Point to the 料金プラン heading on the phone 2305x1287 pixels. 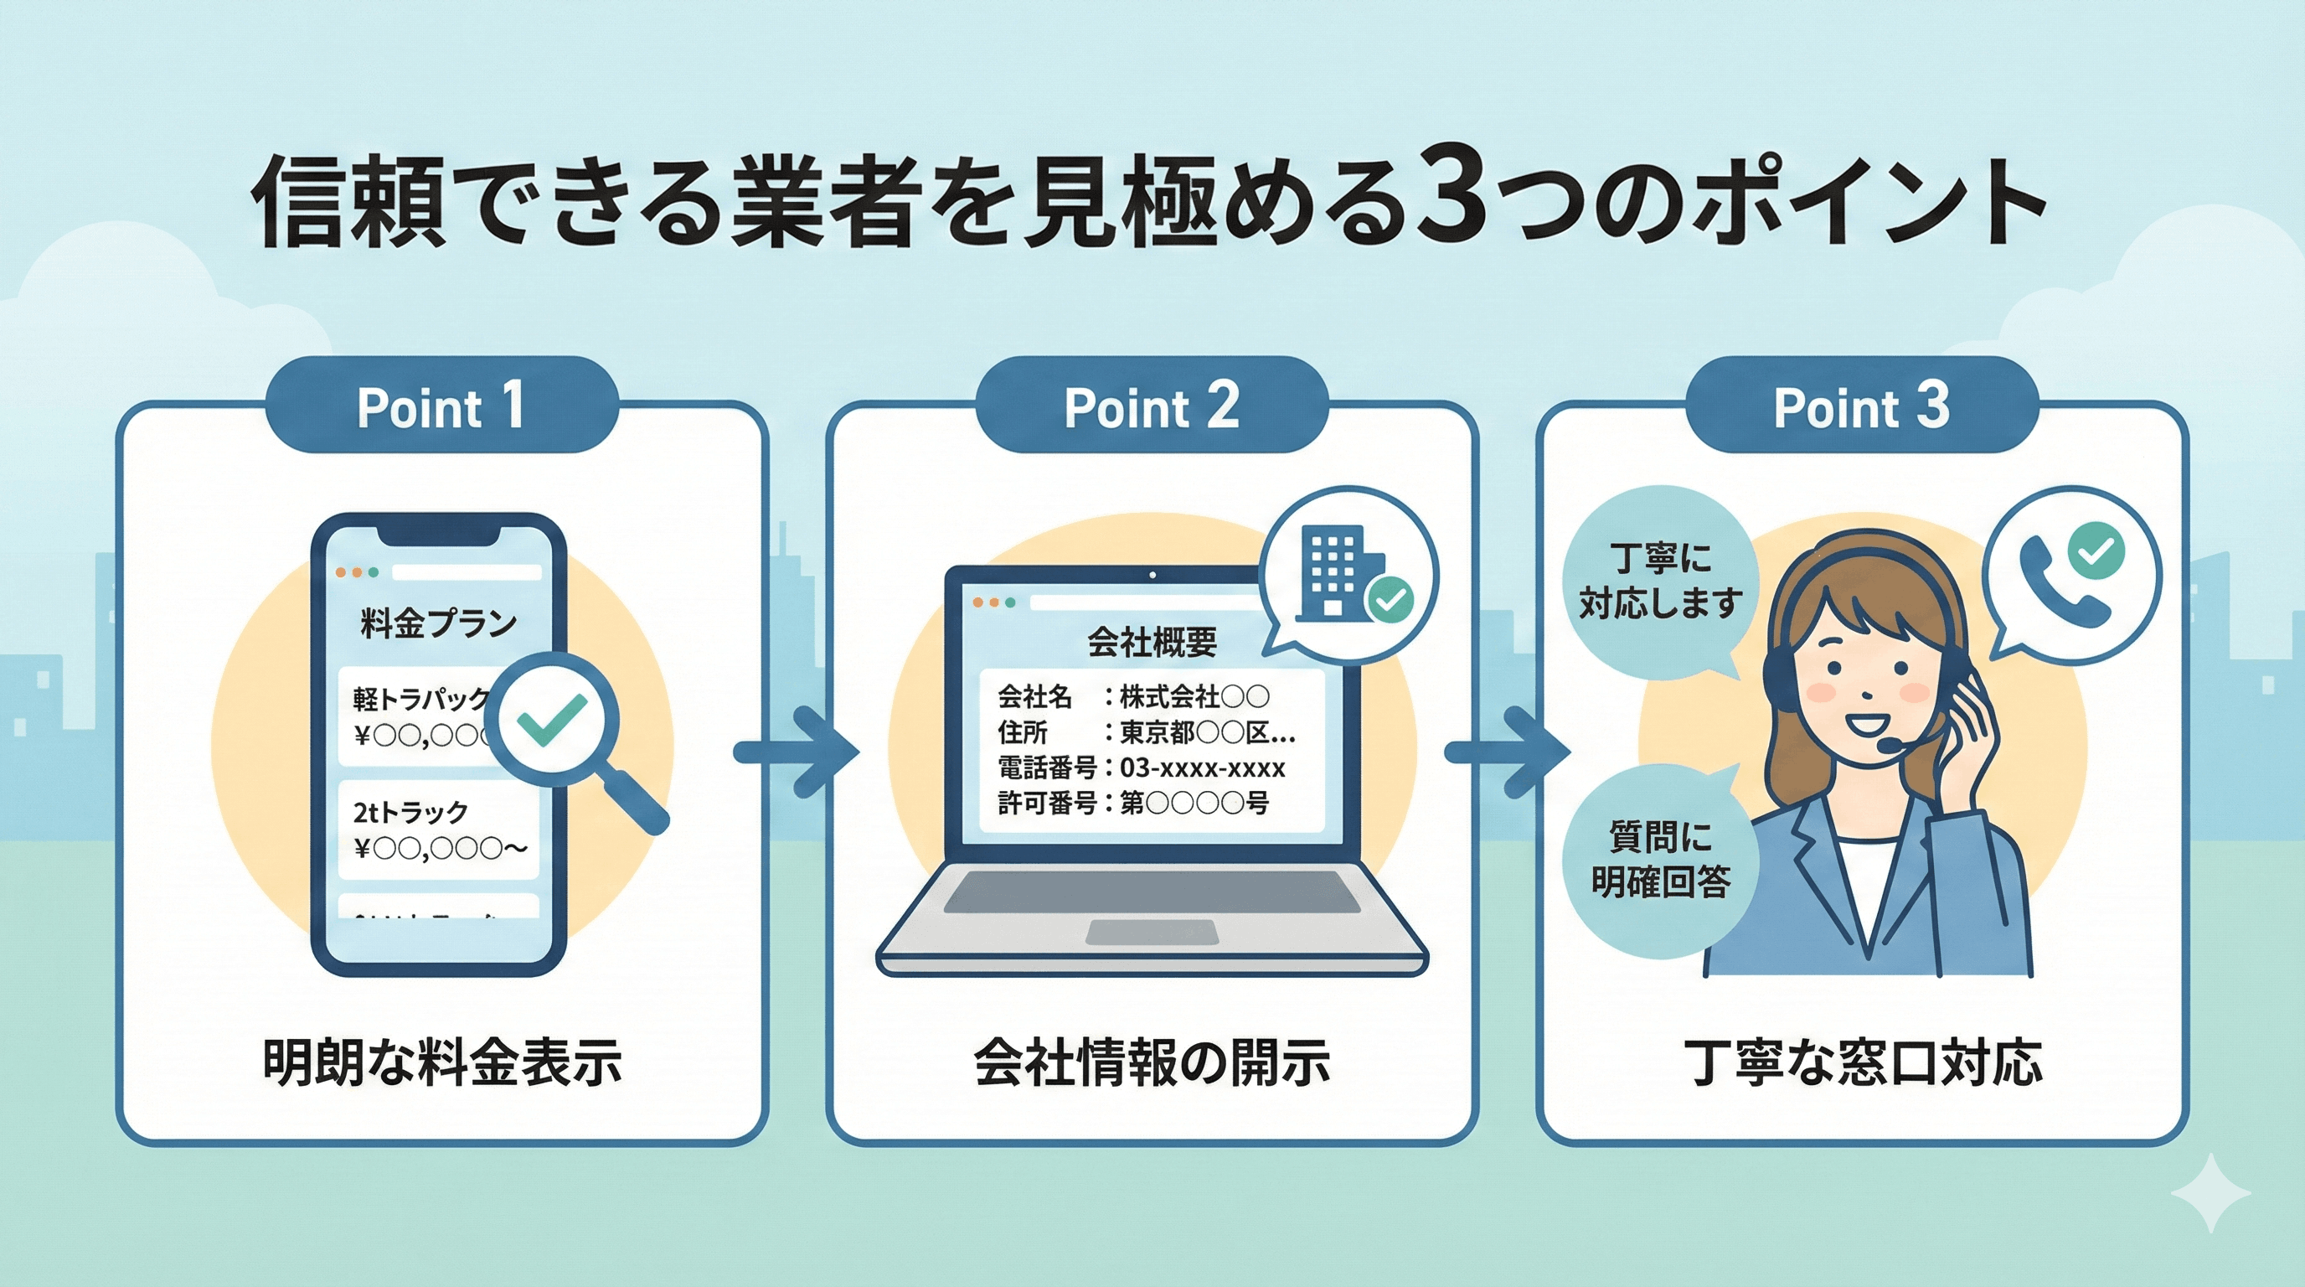[438, 622]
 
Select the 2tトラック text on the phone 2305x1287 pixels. [410, 812]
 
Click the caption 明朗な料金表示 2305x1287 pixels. [442, 1062]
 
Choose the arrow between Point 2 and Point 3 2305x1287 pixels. [1507, 752]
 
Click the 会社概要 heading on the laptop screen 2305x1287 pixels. [1152, 642]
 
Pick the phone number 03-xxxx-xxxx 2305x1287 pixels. [1202, 768]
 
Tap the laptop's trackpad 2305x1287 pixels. [1152, 932]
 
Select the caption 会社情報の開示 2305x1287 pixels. [1152, 1062]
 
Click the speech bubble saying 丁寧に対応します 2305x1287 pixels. [1660, 581]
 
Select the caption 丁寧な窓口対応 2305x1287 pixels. [1862, 1062]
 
